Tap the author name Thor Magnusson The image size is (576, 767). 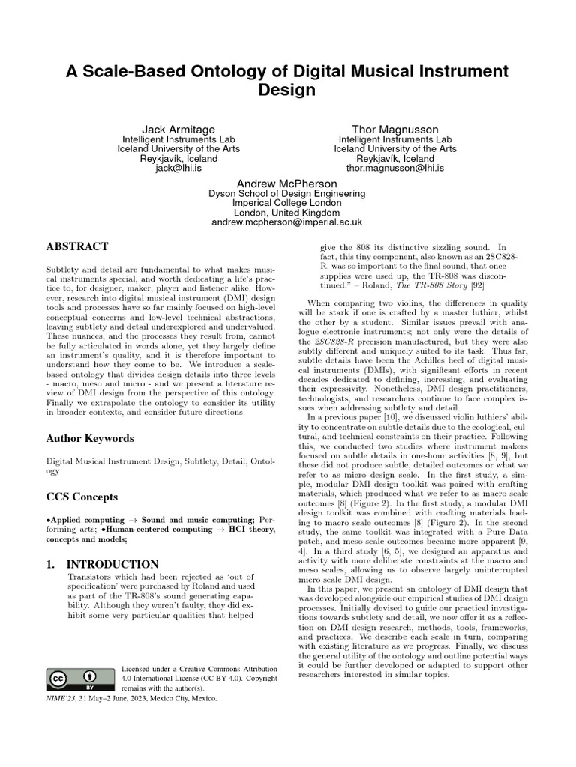click(x=395, y=130)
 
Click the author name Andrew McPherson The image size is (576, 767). click(x=287, y=183)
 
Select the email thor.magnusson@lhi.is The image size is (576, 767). click(x=395, y=169)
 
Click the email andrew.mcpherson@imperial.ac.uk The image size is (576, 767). click(x=287, y=222)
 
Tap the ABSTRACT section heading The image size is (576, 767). click(x=77, y=246)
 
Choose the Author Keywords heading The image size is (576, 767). click(x=90, y=438)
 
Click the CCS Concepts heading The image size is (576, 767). click(x=82, y=497)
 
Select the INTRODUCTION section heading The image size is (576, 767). click(x=112, y=564)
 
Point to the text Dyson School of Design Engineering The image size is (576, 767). click(x=287, y=193)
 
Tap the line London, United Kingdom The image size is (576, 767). click(x=287, y=213)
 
